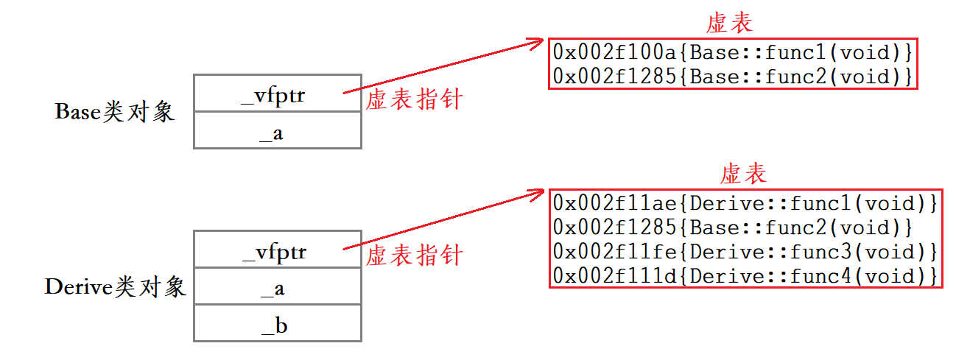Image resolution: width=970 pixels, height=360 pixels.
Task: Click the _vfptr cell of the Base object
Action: pos(277,93)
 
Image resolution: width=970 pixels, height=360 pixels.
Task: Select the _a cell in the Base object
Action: pos(277,131)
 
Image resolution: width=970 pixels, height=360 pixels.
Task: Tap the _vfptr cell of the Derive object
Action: pos(277,250)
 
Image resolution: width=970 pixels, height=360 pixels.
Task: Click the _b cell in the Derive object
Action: pos(277,324)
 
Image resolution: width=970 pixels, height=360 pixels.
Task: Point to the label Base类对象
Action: pos(115,112)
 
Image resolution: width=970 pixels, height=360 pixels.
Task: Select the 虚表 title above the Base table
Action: pos(729,23)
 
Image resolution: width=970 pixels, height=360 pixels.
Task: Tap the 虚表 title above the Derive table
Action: pos(743,174)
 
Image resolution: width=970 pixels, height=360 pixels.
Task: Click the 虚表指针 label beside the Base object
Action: pos(414,99)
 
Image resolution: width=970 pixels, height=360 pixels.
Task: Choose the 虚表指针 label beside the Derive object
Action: pos(414,255)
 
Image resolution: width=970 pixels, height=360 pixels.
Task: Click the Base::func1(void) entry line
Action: pos(733,52)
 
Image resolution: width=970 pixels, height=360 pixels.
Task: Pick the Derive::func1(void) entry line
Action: pos(745,202)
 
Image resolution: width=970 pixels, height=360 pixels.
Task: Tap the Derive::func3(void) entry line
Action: pos(745,252)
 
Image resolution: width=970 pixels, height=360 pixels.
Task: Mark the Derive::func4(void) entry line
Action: pos(745,276)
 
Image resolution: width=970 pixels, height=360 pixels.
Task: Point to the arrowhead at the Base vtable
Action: pos(537,43)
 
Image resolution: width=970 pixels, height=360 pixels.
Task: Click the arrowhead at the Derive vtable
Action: pos(537,196)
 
